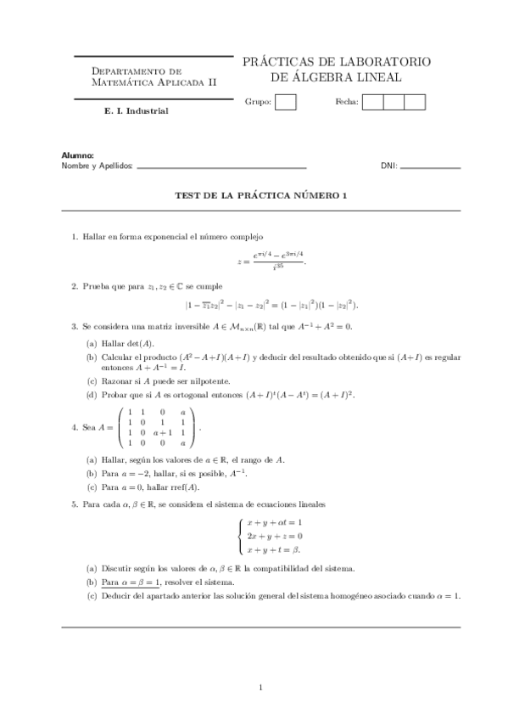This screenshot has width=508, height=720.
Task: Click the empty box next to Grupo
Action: (287, 103)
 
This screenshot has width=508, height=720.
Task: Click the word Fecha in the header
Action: (347, 103)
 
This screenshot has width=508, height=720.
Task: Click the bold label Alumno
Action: (77, 155)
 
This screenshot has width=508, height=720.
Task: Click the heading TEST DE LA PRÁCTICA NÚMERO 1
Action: (261, 195)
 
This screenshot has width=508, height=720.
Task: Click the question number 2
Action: (75, 286)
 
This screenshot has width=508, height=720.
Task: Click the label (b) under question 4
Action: (91, 473)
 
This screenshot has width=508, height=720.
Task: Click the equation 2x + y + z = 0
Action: (274, 536)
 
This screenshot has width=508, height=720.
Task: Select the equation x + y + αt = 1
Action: (274, 522)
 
